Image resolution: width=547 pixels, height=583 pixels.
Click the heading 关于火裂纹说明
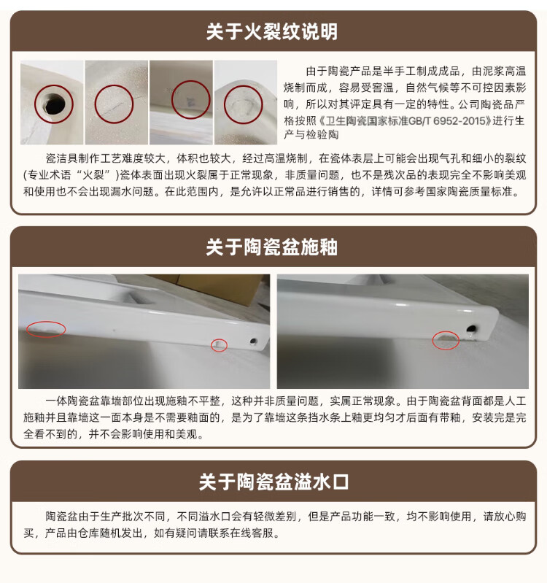tap(272, 31)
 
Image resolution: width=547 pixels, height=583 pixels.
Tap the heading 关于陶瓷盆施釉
tap(272, 247)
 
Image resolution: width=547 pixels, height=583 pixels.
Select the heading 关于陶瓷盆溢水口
tap(274, 482)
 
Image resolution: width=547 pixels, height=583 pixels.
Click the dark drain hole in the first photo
tap(53, 104)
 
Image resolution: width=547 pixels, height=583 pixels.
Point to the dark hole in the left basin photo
tap(253, 341)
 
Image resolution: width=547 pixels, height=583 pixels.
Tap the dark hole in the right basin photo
tap(471, 329)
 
